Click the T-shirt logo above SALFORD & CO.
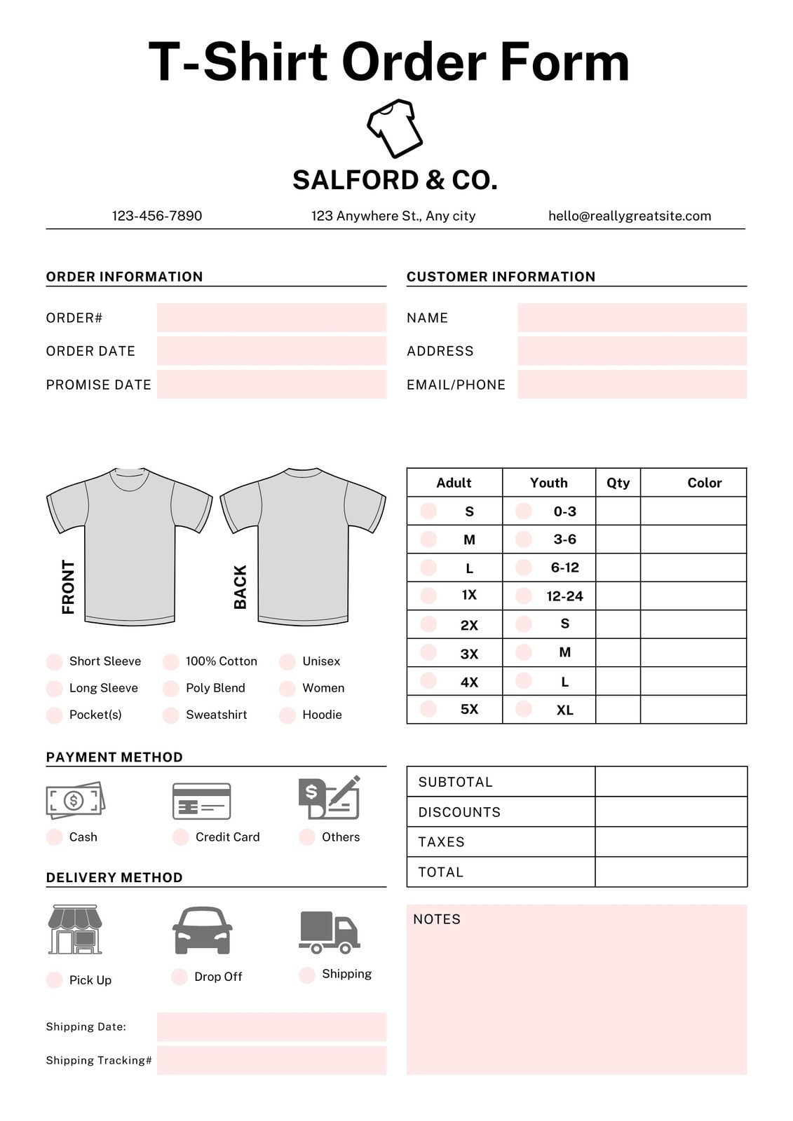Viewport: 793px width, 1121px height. coord(395,128)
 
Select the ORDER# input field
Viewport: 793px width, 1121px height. coord(271,317)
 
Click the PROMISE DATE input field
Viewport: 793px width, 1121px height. coord(271,385)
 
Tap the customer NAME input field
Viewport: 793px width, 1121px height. coord(632,317)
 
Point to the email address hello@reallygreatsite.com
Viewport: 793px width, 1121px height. coord(629,216)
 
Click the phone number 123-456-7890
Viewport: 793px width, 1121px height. coord(157,216)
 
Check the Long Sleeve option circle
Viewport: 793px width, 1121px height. coord(54,689)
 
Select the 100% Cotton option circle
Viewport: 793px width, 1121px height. coord(170,662)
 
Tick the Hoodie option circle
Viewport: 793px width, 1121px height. coord(287,715)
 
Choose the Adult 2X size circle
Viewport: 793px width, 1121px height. coord(428,624)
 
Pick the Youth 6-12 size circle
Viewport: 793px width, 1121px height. coord(523,568)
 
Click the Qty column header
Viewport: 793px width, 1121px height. coord(618,483)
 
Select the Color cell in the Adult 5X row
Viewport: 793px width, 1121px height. coord(693,709)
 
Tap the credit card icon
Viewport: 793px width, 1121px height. coord(202,801)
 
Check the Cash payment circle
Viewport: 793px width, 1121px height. coord(54,837)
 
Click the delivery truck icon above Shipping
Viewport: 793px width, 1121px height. coord(329,933)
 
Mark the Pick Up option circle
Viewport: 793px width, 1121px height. coord(54,980)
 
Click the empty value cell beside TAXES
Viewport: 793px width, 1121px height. coord(670,841)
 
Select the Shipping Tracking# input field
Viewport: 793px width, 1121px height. coord(271,1060)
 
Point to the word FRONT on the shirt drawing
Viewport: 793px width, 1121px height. coord(68,587)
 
